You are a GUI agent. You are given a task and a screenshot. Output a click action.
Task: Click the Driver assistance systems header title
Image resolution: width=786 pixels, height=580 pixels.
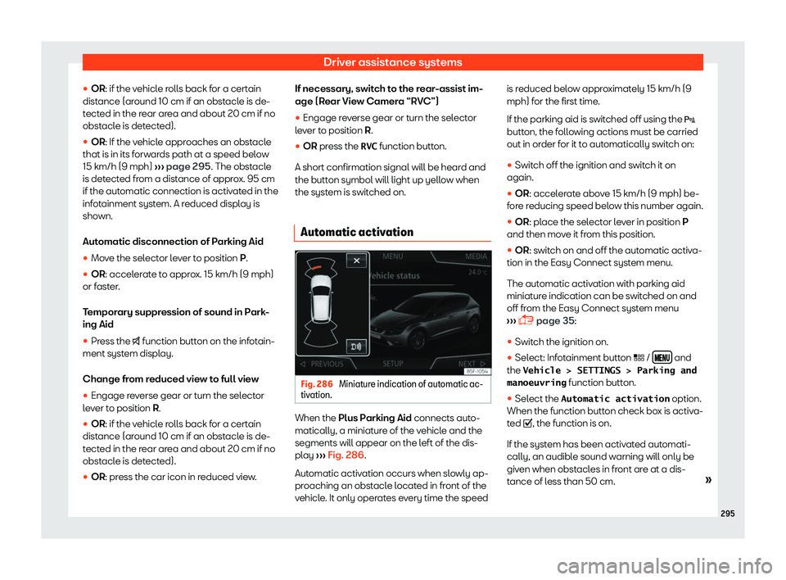[392, 61]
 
